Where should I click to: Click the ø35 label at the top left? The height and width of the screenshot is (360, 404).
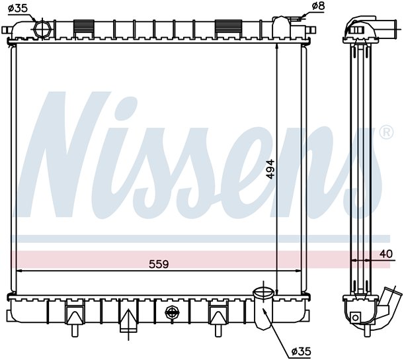17,8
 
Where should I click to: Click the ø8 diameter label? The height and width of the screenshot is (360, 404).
318,6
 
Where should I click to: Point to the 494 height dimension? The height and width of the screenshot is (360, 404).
270,169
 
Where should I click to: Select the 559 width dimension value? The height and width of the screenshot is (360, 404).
159,264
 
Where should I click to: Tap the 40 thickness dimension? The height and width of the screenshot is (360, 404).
386,253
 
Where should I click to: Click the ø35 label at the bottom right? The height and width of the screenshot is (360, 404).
301,351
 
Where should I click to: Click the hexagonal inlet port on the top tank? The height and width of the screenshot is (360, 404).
42,30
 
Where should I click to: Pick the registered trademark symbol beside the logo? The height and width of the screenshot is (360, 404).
387,132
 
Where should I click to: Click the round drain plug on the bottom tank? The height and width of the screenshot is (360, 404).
172,312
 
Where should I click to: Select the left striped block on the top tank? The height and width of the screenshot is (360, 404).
84,28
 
